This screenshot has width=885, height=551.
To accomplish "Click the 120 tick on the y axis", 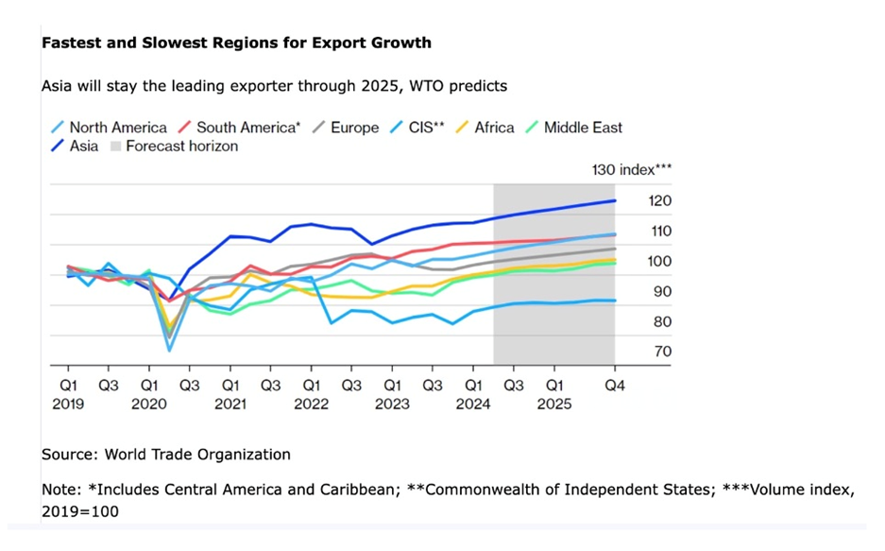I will coord(659,201).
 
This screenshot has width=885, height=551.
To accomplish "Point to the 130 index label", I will coord(631,170).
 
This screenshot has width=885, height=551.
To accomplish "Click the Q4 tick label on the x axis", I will coord(615,386).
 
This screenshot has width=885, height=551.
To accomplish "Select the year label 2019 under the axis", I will coord(69,404).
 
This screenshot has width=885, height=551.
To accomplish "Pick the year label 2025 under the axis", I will coord(554,404).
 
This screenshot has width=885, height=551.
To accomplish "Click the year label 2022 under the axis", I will coord(312,404).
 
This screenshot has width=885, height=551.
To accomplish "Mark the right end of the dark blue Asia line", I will coord(615,200).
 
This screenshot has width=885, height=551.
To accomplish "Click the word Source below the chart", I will coord(69,455).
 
